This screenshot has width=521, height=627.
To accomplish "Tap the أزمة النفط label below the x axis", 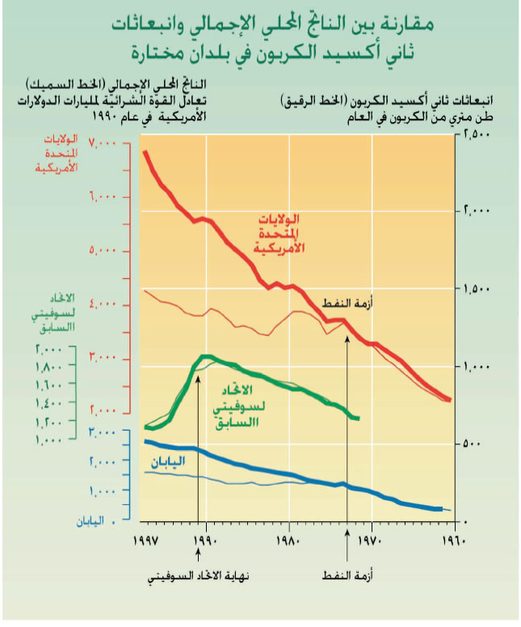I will (347, 578).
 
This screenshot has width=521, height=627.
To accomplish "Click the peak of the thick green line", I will (206, 356).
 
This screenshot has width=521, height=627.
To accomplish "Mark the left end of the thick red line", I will (144, 151).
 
